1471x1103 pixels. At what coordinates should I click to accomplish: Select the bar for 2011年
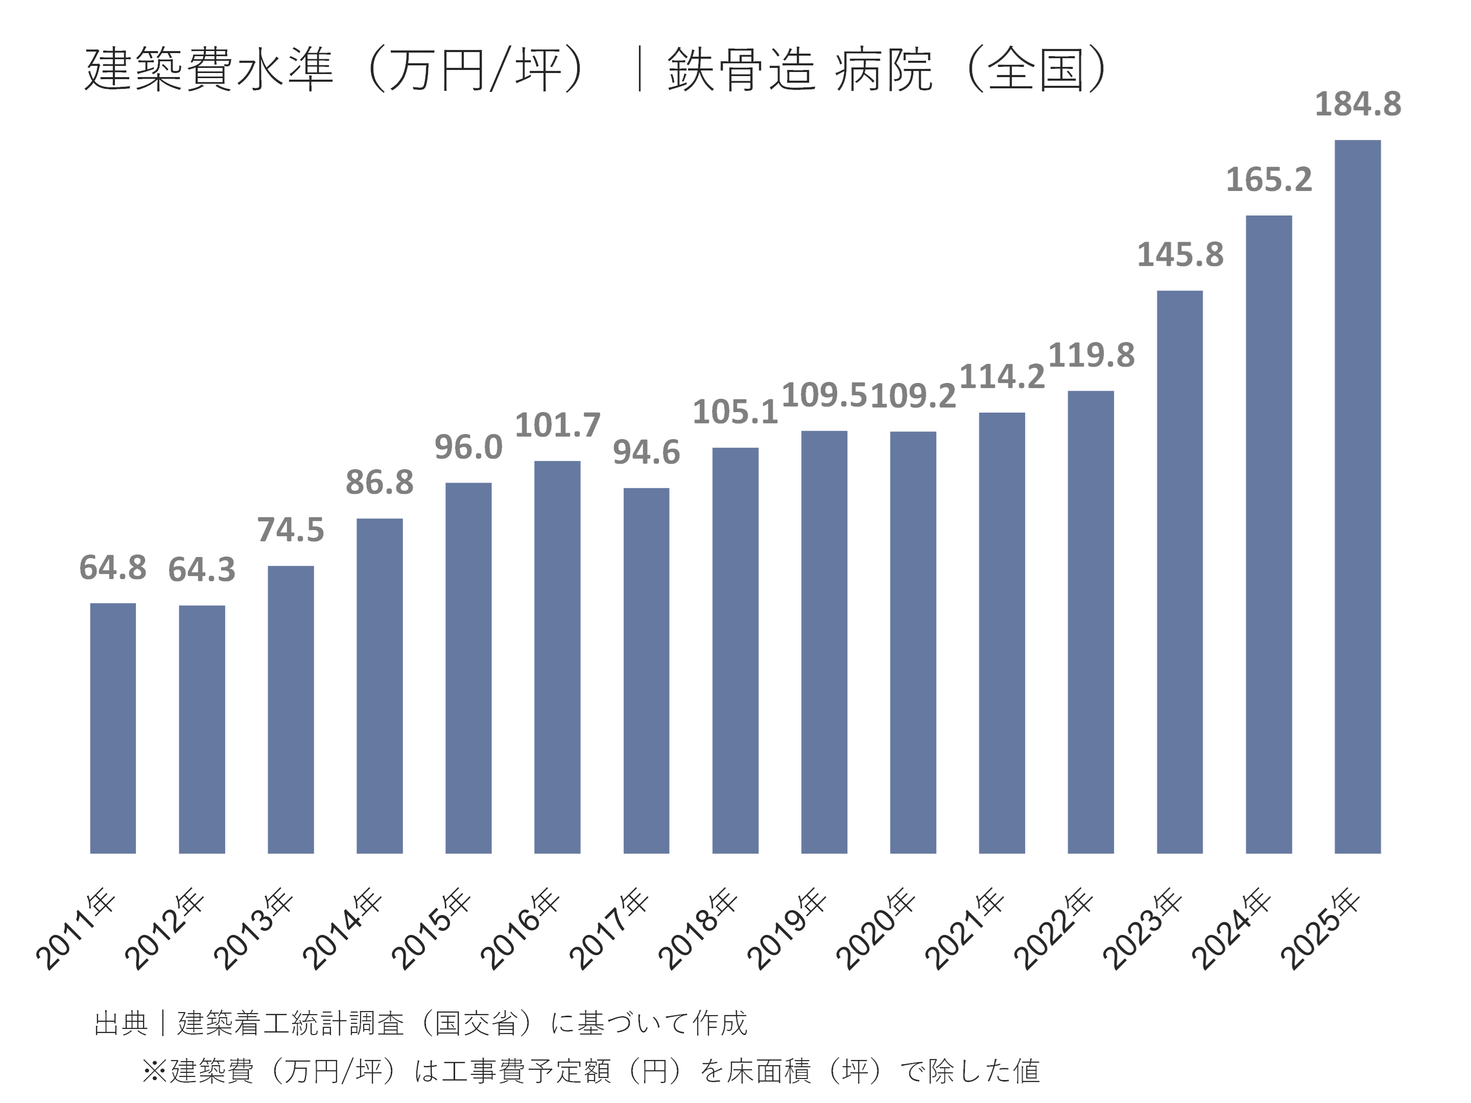click(x=112, y=728)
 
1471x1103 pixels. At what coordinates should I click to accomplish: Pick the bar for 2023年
click(x=1180, y=572)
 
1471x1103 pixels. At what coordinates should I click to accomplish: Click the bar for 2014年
click(x=379, y=685)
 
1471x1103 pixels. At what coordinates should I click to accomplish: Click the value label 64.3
click(x=202, y=570)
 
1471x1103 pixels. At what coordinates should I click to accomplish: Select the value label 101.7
click(x=557, y=425)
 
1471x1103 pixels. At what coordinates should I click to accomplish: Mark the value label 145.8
click(x=1180, y=255)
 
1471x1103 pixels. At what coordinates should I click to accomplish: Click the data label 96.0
click(x=468, y=447)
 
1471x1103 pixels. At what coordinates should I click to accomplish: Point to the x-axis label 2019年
click(x=787, y=929)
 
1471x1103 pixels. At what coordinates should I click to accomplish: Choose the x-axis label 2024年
click(x=1231, y=929)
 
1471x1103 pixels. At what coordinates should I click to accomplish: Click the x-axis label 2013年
click(x=253, y=929)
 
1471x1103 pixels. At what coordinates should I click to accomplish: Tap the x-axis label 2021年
click(x=964, y=929)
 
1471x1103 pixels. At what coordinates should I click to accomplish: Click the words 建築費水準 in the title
click(x=208, y=69)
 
